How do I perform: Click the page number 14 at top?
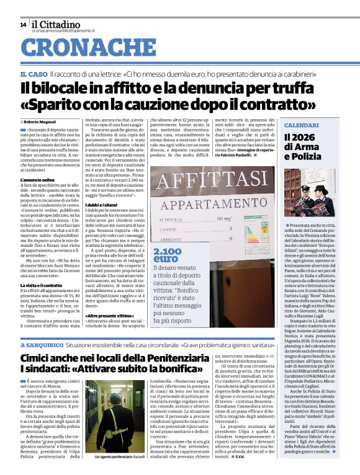[22, 24]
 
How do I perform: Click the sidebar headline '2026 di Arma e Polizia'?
[304, 147]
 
